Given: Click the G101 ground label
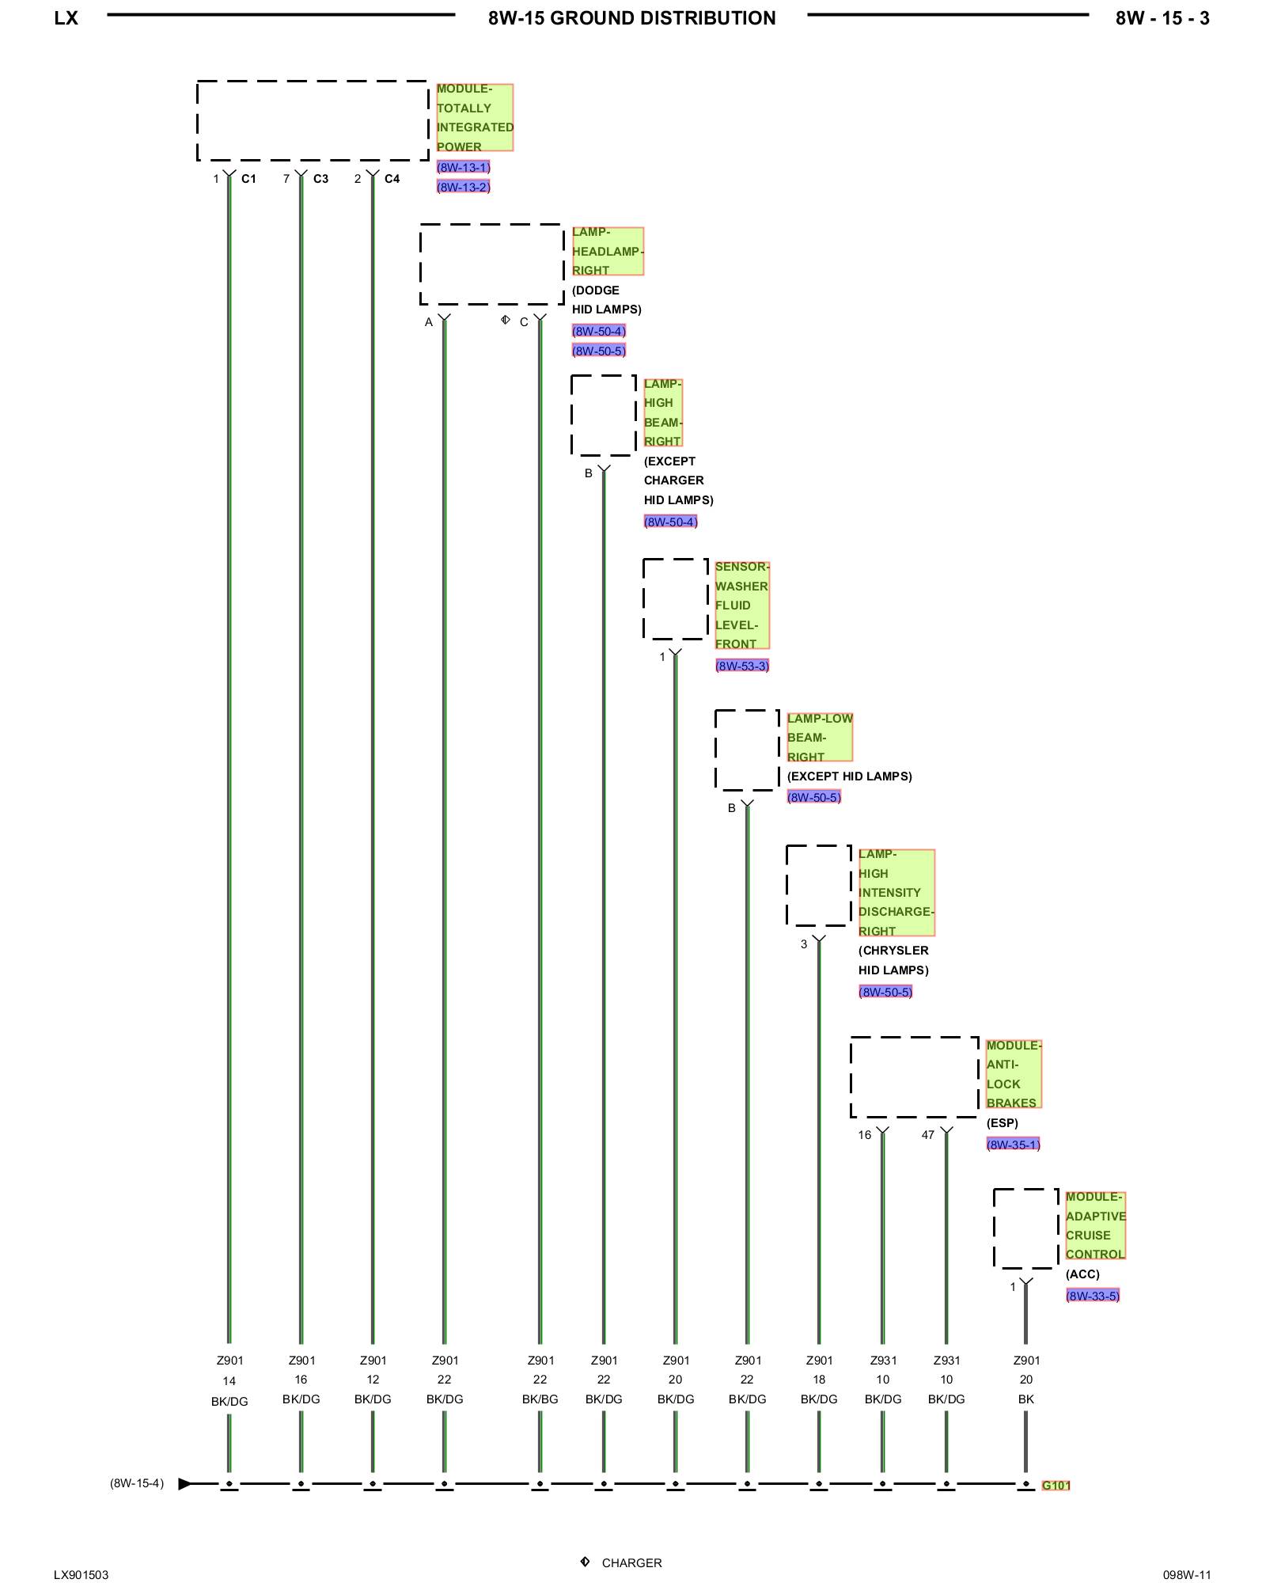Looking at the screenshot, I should pos(1056,1485).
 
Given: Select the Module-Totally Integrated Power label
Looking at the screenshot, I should pos(474,117).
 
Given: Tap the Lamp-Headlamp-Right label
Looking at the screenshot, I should pos(607,251).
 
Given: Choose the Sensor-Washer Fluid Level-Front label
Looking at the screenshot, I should pos(741,605).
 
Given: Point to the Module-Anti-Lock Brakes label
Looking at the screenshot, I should pos(1013,1073).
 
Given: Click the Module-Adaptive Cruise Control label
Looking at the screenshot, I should pos(1095,1225).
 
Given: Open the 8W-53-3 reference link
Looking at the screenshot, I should pos(741,666).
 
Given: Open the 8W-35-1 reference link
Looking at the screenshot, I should pos(1013,1144).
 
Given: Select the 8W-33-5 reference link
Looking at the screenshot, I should pos(1092,1296).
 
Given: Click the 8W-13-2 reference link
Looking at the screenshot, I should pos(464,187).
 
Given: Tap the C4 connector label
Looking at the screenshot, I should pos(392,179).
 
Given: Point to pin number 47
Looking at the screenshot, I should pos(927,1135).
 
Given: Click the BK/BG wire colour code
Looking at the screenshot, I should pos(540,1399).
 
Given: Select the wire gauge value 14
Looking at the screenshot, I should pos(229,1381).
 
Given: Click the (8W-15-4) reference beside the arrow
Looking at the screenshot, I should pos(137,1483).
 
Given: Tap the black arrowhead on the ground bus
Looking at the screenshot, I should pos(184,1483).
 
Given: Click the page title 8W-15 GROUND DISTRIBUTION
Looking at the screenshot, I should pos(631,18).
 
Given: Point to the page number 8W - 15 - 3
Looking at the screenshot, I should pos(1162,18).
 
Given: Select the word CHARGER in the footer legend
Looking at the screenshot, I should pos(631,1562).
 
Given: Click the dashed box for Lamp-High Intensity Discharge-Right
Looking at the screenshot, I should pos(818,885).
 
